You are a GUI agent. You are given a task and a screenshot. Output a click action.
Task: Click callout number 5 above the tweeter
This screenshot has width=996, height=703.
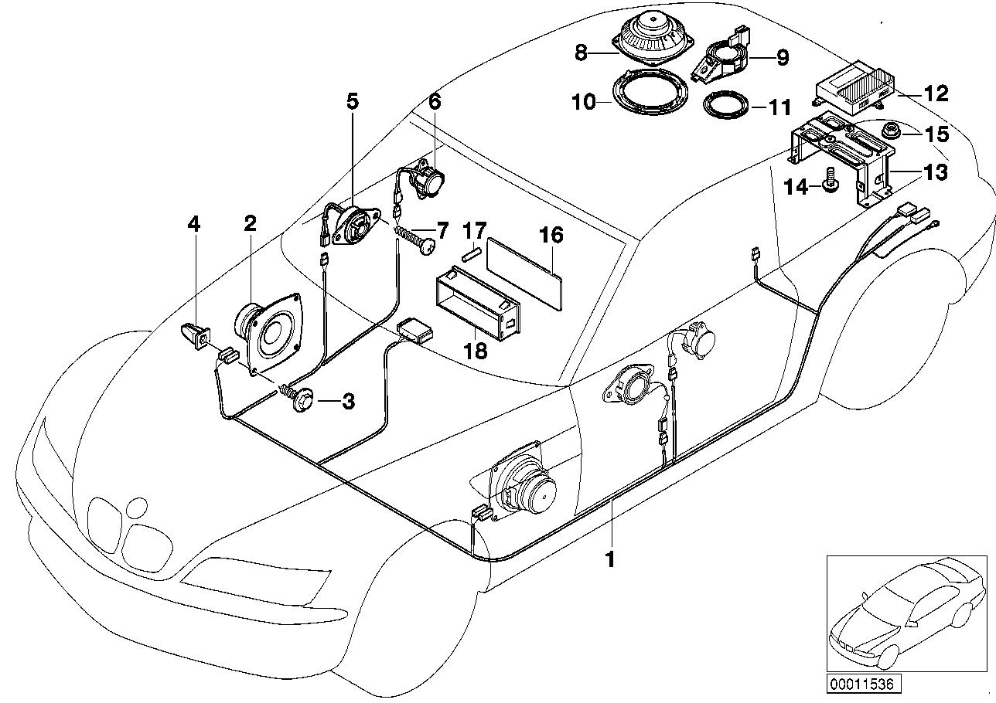[x=353, y=101]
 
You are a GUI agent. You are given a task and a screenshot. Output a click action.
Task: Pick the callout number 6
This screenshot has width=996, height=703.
[x=434, y=101]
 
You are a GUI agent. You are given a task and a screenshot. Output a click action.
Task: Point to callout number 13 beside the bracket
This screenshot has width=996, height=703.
[x=936, y=172]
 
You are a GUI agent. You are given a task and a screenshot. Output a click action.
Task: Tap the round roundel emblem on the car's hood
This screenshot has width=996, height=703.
[x=137, y=508]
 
